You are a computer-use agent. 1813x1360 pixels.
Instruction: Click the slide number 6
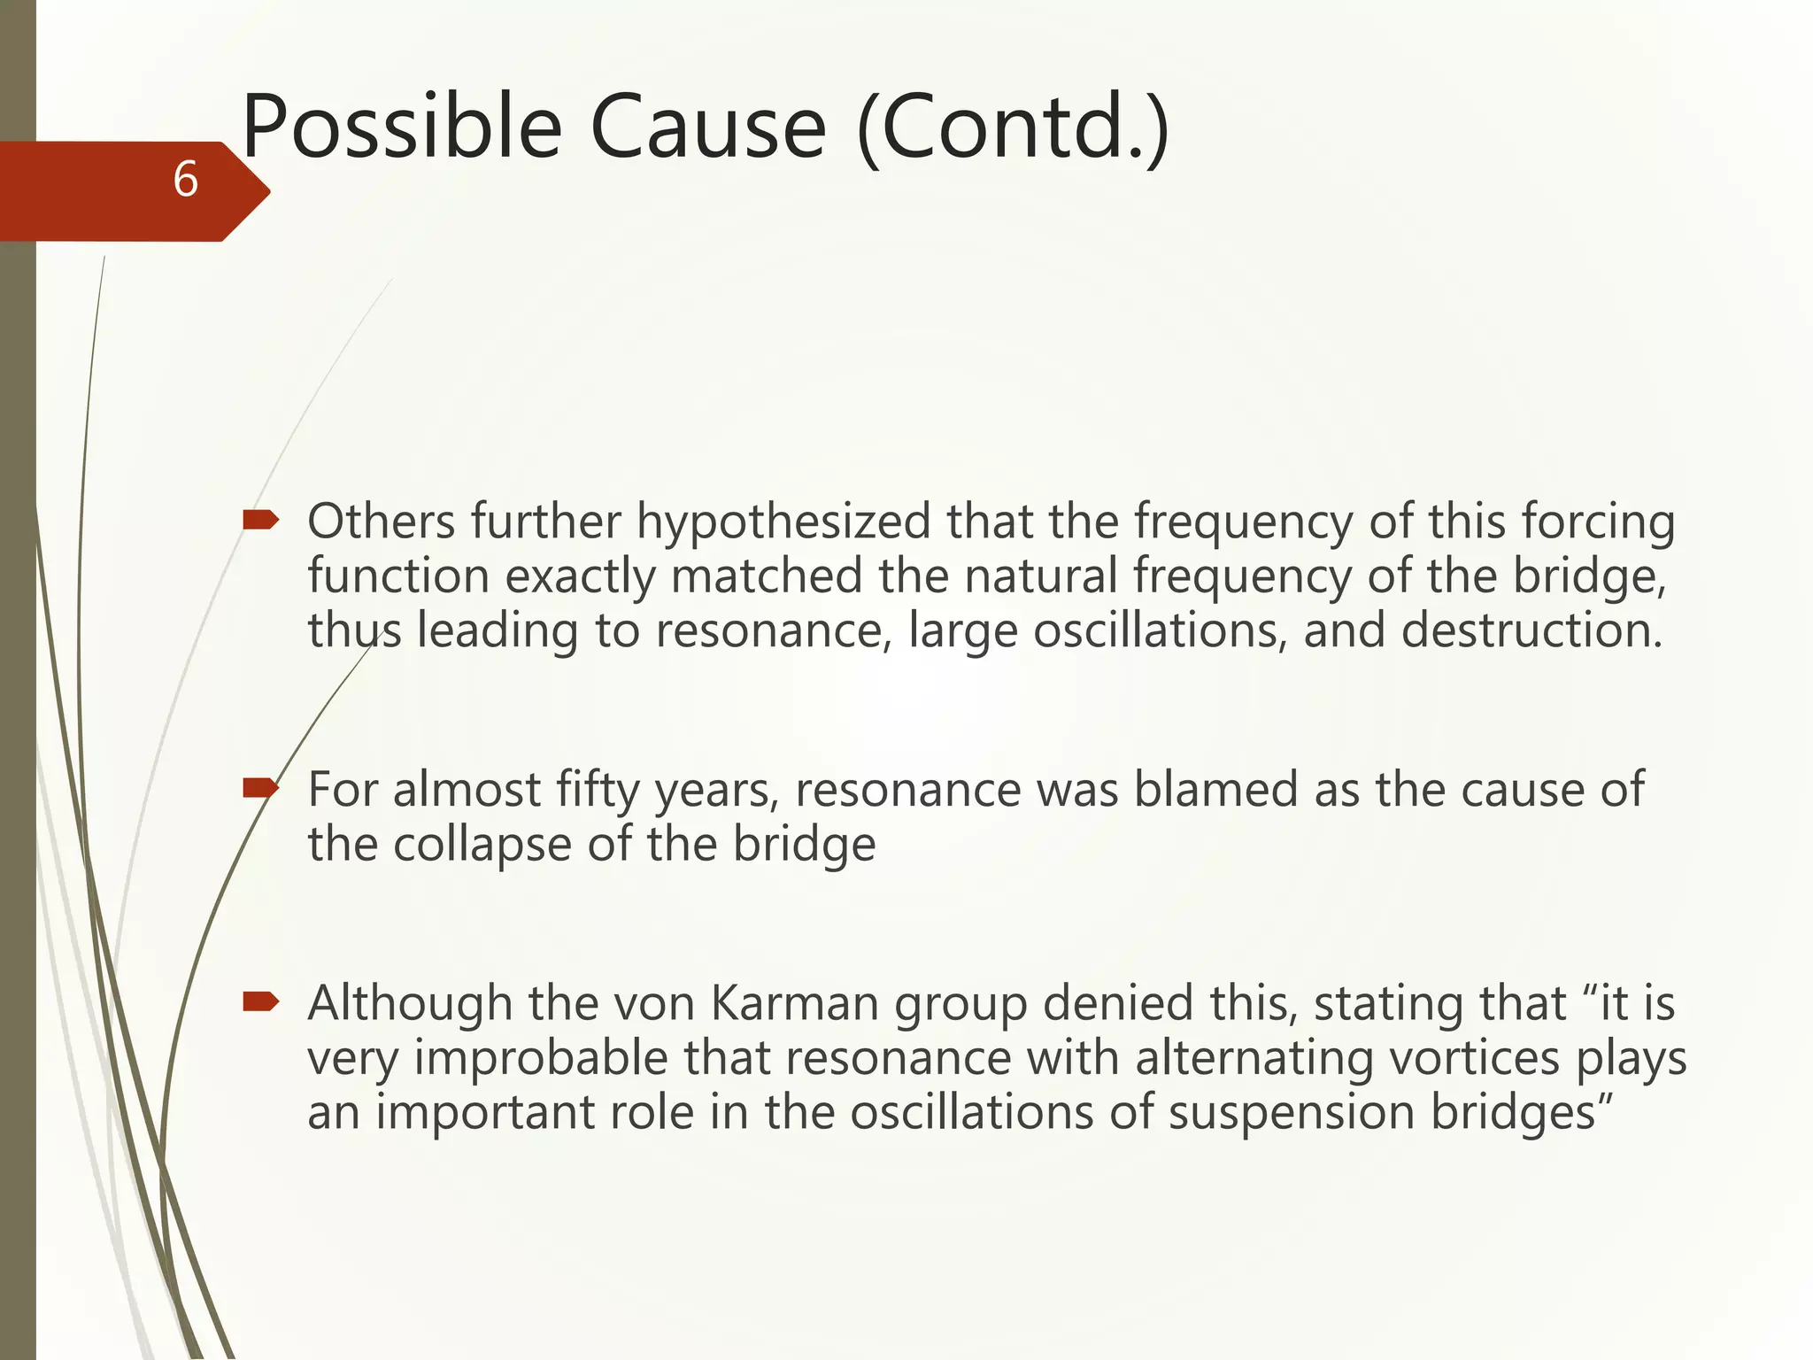185,180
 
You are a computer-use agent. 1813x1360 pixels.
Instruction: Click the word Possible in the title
402,128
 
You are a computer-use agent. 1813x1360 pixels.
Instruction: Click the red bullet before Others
260,520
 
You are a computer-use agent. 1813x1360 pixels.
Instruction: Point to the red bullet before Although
260,1001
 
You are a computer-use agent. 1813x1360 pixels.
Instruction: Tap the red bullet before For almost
260,787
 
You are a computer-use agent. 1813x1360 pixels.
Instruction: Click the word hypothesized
783,522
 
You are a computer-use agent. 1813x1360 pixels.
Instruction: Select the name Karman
795,1004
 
